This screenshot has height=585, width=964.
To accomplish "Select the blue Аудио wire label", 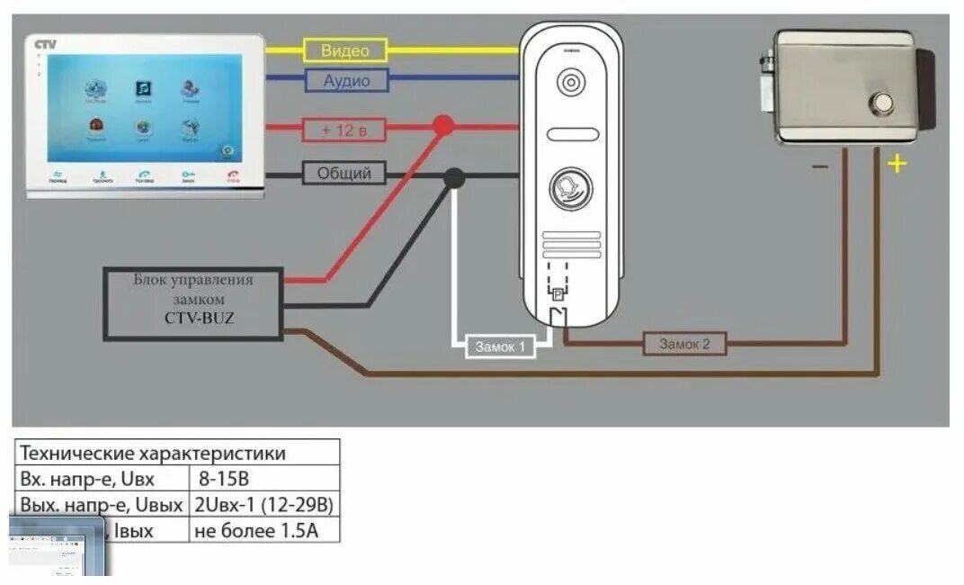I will click(x=345, y=81).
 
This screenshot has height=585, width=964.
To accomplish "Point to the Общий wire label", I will click(x=344, y=173).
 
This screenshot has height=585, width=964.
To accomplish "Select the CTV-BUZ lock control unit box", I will click(x=192, y=302).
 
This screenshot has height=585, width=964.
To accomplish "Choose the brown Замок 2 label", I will click(x=684, y=344).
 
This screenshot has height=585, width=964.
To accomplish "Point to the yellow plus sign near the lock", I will click(x=896, y=164).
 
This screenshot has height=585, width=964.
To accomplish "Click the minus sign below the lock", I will click(x=819, y=166).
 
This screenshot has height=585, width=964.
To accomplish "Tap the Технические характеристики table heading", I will click(x=153, y=452).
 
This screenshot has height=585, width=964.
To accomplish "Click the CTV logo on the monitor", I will click(x=45, y=44).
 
